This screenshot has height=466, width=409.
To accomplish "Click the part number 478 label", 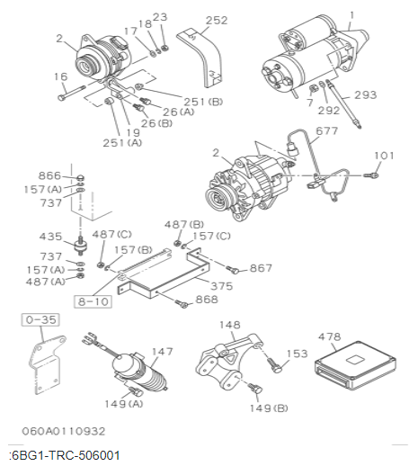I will (x=329, y=337).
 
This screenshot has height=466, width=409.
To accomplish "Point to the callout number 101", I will (x=384, y=156).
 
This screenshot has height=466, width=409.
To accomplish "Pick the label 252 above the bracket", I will (x=217, y=19).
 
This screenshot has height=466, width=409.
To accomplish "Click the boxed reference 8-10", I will (x=93, y=301).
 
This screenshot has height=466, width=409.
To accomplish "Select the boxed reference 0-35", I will (x=39, y=318).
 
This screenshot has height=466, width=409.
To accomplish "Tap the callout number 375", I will (x=221, y=286).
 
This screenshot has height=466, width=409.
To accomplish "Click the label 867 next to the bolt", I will (x=261, y=268).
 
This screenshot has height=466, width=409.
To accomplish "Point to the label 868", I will (x=207, y=300).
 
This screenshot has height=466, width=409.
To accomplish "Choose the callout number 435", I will (x=50, y=237).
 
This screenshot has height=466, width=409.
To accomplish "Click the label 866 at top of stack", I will (x=49, y=175).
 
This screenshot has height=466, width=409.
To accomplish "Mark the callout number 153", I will (x=298, y=354).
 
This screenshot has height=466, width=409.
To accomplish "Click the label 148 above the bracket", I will (x=229, y=325).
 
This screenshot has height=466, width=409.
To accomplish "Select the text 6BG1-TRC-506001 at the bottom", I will (x=65, y=456).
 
